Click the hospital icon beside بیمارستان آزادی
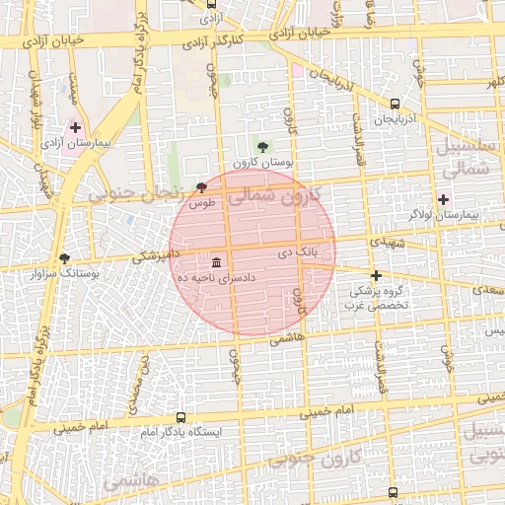click(x=76, y=128)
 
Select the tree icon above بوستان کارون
click(x=261, y=147)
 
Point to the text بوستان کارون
click(x=257, y=162)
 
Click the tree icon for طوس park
click(x=202, y=187)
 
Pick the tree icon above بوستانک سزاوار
click(x=65, y=258)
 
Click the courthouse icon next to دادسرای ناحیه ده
click(x=216, y=262)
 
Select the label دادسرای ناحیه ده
click(x=216, y=279)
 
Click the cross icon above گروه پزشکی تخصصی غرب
click(x=376, y=276)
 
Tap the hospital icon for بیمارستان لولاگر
click(x=443, y=199)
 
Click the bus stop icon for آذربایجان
click(x=396, y=104)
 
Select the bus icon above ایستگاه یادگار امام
click(x=181, y=418)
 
